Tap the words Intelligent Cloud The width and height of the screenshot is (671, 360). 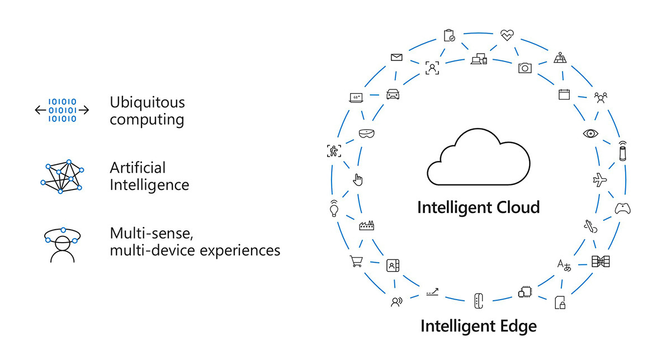(x=478, y=207)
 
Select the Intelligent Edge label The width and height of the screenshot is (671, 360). (x=478, y=326)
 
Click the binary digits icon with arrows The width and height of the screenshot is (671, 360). (x=62, y=110)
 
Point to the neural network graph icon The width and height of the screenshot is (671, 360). (x=62, y=176)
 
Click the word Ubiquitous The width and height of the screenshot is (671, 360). (x=147, y=102)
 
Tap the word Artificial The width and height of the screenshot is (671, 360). (x=138, y=167)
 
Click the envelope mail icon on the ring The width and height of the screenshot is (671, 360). (x=397, y=57)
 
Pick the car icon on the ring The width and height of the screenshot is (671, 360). (x=393, y=94)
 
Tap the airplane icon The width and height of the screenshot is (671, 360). (x=599, y=181)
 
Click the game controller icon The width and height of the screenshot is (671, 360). (x=623, y=209)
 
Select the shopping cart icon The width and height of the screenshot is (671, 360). (x=356, y=261)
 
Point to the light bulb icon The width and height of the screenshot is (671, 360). (x=334, y=208)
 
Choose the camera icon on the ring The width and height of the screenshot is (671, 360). (x=524, y=68)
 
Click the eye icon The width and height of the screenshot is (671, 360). (x=590, y=133)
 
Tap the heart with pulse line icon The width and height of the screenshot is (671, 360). (x=507, y=35)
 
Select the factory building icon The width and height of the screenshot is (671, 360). (x=367, y=225)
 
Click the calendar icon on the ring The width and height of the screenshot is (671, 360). (x=564, y=94)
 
